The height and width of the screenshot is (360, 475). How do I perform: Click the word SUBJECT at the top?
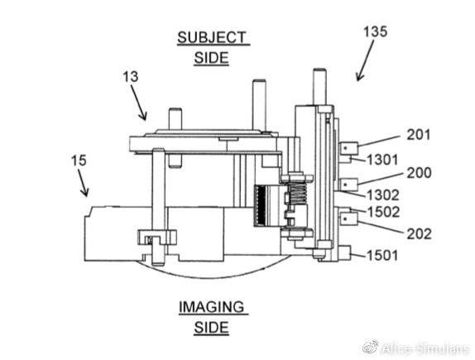click(x=212, y=37)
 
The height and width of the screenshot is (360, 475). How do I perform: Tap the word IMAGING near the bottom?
click(x=212, y=307)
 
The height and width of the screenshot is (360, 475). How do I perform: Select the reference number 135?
click(x=375, y=31)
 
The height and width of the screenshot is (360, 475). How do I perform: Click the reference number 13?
click(x=130, y=77)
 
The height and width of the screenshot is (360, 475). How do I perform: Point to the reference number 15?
click(x=79, y=161)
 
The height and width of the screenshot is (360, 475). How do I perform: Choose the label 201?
click(x=419, y=135)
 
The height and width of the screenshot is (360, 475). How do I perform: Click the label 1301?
click(x=382, y=160)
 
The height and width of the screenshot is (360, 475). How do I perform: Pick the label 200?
click(x=419, y=173)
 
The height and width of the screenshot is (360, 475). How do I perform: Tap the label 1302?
click(x=383, y=195)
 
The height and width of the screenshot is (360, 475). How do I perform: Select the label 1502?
click(x=383, y=212)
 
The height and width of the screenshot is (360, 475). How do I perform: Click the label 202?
click(x=419, y=233)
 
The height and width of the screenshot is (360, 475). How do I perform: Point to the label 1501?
click(x=382, y=255)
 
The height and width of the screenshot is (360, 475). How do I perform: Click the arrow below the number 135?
click(x=365, y=60)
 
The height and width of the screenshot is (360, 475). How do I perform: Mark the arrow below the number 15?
click(x=84, y=183)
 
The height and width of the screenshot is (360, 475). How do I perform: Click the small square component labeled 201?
click(x=348, y=149)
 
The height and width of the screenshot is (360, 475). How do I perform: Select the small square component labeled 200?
click(x=348, y=185)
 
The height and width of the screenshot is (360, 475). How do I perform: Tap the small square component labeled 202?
click(x=348, y=218)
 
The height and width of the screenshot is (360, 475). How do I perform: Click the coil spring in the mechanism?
click(x=298, y=194)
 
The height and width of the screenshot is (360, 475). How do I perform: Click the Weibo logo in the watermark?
click(x=370, y=348)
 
